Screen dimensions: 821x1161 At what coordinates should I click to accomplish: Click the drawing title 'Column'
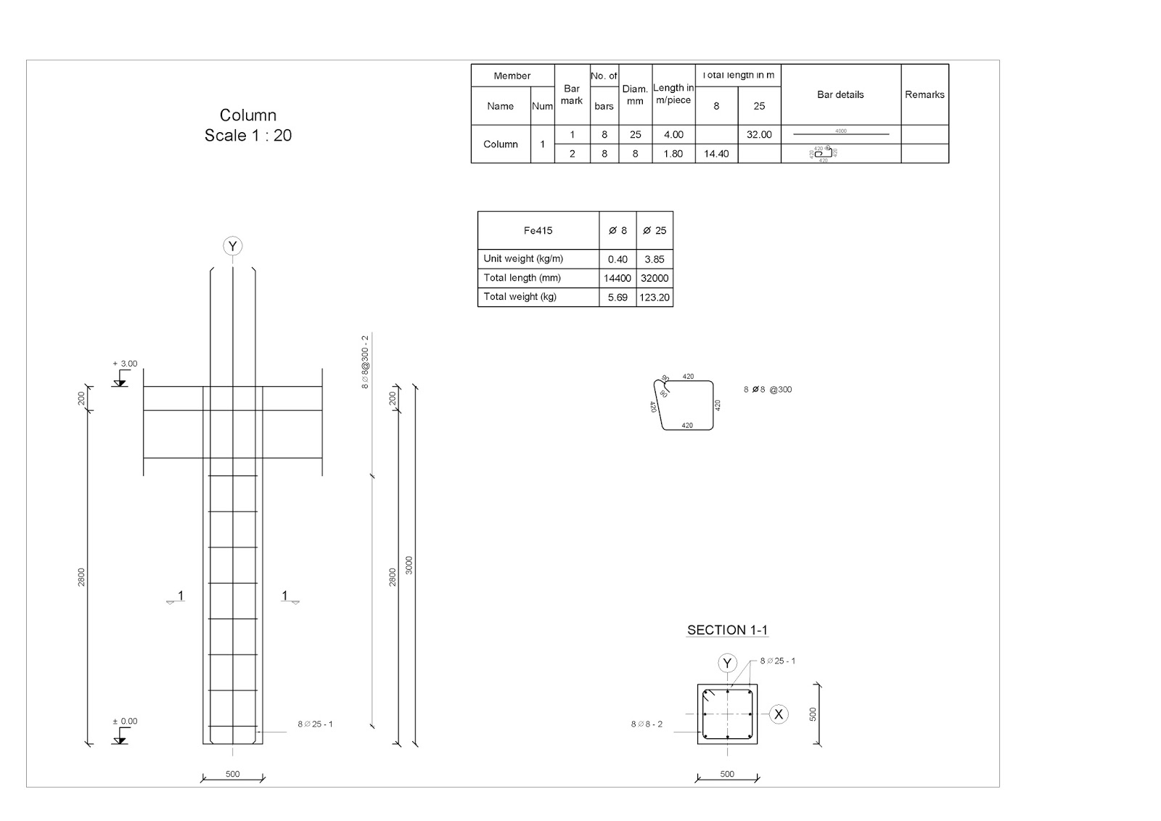(x=248, y=115)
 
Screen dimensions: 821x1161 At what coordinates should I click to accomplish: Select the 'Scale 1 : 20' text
(x=248, y=136)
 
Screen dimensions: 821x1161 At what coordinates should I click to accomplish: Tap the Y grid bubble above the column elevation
(x=232, y=246)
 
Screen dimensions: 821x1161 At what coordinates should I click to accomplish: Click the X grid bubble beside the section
(x=779, y=714)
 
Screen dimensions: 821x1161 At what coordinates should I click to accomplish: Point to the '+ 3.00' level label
(x=125, y=364)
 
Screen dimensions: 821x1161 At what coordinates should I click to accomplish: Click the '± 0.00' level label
(x=125, y=721)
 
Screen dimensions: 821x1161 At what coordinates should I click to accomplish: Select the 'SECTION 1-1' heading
(x=727, y=630)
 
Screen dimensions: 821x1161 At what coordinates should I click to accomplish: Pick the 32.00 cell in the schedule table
(x=759, y=134)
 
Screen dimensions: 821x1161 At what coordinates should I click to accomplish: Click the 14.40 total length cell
(x=716, y=154)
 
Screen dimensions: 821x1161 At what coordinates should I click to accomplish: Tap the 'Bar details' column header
(x=840, y=94)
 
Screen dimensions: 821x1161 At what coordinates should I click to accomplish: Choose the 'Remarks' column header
(x=924, y=94)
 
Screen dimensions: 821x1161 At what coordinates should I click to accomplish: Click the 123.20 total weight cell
(x=655, y=297)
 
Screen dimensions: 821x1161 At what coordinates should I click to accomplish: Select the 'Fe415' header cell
(x=538, y=231)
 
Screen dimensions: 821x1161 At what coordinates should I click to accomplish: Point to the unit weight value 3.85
(x=655, y=259)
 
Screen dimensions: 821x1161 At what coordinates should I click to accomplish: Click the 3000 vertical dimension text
(x=409, y=565)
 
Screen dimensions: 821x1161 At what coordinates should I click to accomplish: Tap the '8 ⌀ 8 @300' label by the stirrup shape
(x=768, y=390)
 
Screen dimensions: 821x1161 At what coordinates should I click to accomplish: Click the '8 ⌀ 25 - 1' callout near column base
(x=315, y=724)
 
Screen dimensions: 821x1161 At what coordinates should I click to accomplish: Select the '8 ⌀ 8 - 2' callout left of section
(x=647, y=724)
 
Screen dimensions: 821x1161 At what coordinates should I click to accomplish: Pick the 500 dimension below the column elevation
(x=232, y=774)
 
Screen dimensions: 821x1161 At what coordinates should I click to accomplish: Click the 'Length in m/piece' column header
(x=673, y=94)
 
